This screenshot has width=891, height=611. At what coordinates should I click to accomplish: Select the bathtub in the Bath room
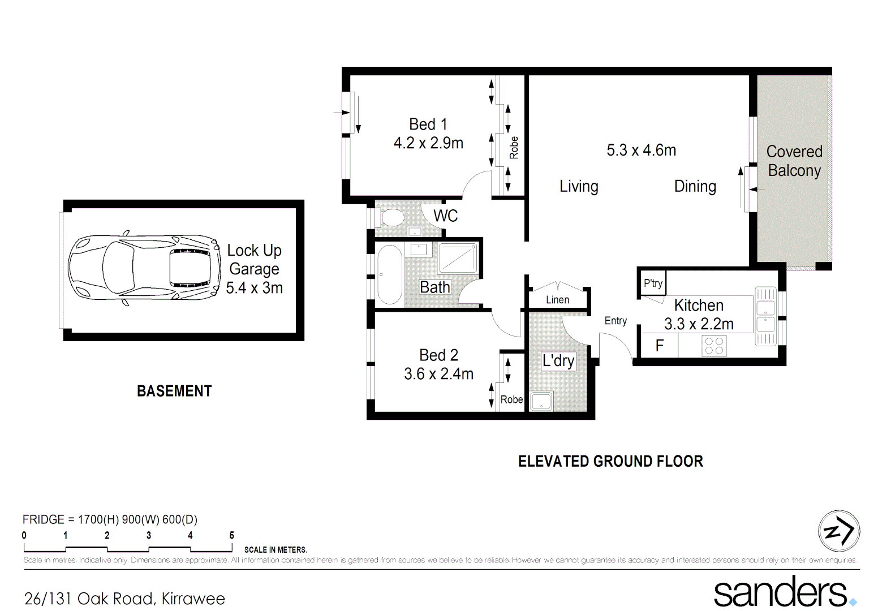390,276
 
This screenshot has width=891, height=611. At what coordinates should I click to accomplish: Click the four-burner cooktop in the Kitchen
714,346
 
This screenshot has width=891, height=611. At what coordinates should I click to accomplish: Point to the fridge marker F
660,346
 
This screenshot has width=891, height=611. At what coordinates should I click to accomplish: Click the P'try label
653,283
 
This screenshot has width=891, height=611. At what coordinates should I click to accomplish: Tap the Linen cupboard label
557,300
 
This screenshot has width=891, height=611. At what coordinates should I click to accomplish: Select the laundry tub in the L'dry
541,401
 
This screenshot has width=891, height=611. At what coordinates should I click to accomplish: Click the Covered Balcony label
794,161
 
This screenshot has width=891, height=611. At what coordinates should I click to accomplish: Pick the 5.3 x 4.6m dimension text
641,150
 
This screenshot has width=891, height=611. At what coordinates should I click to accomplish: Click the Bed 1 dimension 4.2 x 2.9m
428,143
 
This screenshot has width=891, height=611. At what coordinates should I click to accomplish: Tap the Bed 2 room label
438,355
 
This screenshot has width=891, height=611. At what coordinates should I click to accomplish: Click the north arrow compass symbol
839,531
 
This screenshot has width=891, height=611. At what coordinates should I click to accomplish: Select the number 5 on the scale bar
231,535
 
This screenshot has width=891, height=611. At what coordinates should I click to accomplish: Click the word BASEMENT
174,391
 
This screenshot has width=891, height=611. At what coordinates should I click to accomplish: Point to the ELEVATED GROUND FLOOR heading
610,462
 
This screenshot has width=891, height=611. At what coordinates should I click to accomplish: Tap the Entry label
615,321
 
